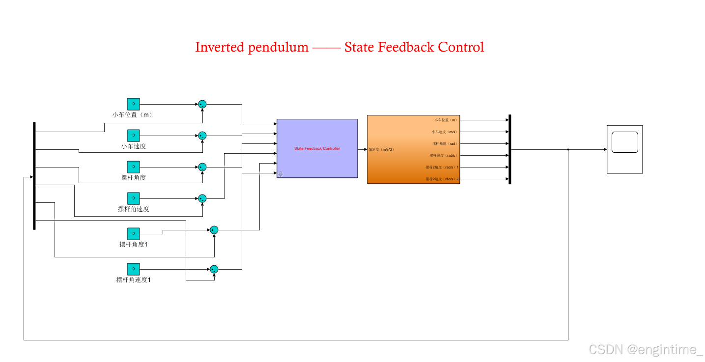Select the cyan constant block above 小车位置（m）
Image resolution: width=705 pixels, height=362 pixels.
click(133, 104)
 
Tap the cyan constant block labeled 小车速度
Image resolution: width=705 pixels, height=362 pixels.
click(133, 136)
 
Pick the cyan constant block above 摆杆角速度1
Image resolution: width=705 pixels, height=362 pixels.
click(133, 269)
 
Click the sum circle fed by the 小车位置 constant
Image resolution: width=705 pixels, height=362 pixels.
click(202, 104)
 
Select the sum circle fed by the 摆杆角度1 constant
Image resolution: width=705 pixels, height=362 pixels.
click(214, 230)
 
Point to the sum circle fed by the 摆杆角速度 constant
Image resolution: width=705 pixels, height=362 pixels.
click(202, 198)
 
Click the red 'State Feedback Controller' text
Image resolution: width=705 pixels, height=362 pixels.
click(317, 148)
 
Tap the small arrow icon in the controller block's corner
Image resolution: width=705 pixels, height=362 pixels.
click(281, 173)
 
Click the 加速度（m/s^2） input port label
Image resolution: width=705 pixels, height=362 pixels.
click(382, 149)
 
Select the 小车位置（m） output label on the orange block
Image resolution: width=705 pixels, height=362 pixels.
click(446, 120)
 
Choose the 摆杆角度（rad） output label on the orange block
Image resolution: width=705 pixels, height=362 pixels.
click(445, 143)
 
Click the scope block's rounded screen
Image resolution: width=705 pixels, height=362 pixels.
click(624, 142)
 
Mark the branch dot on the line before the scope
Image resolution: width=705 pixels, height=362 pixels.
click(568, 149)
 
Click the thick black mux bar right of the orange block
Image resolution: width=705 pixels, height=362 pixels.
click(510, 149)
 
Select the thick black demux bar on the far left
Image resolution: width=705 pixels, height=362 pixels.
click(34, 175)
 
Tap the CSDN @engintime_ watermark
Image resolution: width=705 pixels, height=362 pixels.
click(646, 349)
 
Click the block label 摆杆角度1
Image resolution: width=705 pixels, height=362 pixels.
click(133, 244)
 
